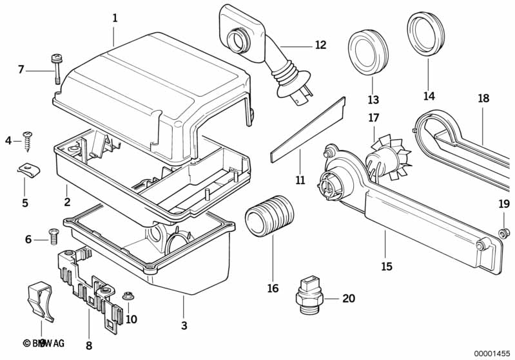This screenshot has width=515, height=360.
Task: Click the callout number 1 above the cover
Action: pos(115,19)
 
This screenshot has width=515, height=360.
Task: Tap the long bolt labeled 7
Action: pos(53,67)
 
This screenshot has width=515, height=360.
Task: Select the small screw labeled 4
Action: pos(28,139)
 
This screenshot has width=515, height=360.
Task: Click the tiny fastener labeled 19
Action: pos(505,231)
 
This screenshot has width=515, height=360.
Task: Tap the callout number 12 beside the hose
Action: pos(320,45)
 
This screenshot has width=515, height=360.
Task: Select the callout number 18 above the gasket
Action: pos(483,99)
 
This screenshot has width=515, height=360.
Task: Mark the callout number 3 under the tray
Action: pos(183,325)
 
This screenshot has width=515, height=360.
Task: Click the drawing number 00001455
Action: pos(492,352)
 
